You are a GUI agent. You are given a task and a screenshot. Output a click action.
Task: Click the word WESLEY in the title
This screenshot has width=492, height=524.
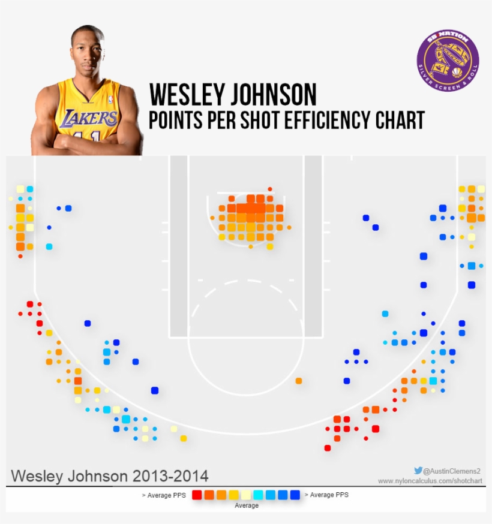click(184, 95)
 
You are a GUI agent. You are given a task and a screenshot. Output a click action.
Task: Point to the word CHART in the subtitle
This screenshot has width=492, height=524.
click(400, 120)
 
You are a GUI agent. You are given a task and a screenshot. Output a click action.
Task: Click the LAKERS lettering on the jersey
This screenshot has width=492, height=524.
click(91, 118)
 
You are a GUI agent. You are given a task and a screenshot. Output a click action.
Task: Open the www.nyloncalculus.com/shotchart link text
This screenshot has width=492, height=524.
click(430, 481)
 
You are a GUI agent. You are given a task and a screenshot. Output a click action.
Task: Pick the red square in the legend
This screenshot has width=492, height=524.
click(197, 495)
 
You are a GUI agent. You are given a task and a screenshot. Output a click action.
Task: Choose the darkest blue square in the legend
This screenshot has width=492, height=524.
click(295, 495)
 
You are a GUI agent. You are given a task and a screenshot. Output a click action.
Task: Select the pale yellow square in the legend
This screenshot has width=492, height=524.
click(246, 495)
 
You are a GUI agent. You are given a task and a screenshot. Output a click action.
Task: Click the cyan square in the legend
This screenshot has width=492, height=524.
click(258, 495)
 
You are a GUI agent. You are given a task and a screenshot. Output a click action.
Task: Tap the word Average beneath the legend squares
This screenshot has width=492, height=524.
click(246, 506)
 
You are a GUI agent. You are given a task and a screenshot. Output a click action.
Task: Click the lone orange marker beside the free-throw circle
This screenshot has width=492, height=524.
click(299, 381)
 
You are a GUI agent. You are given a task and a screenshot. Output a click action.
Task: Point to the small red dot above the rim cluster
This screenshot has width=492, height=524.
click(270, 189)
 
